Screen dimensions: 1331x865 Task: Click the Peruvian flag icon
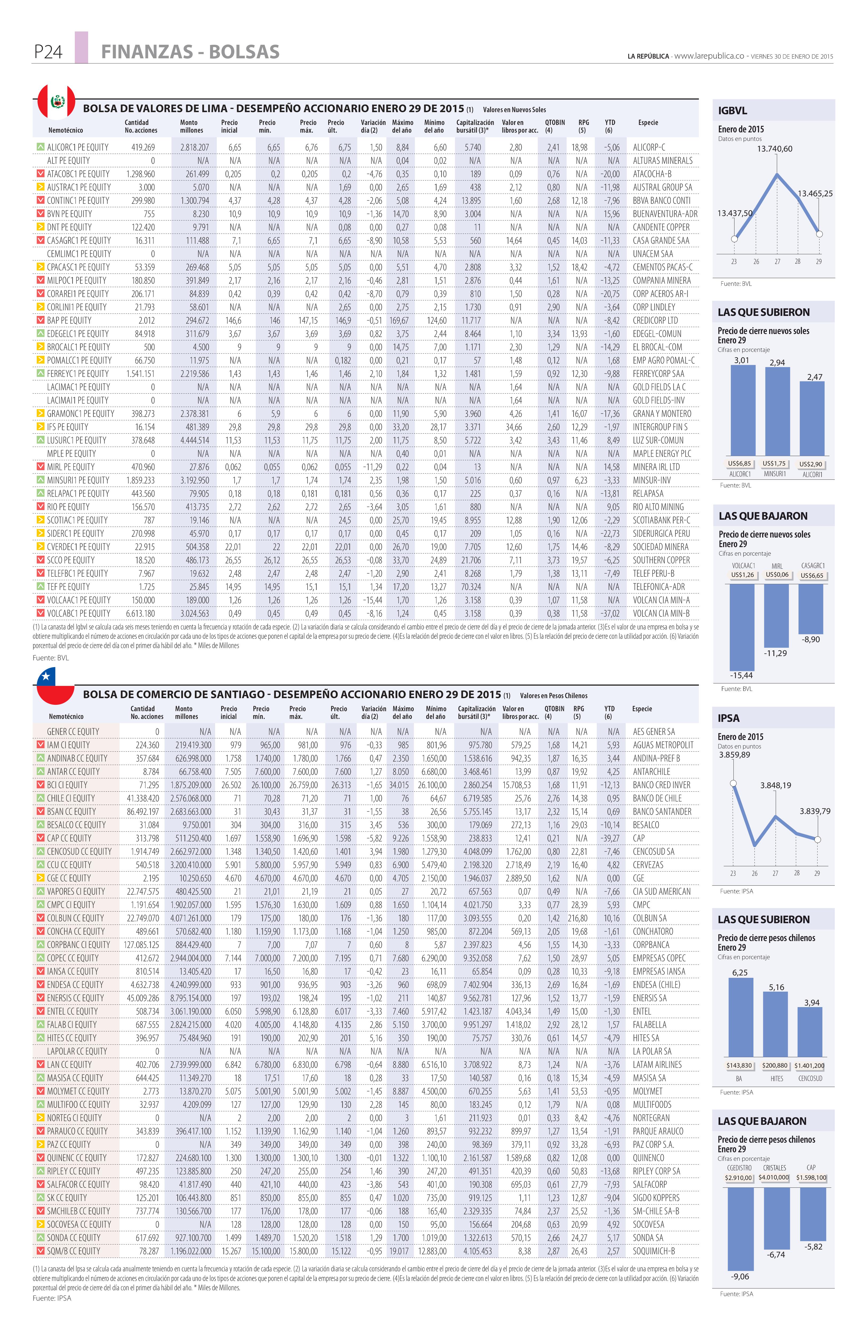56,102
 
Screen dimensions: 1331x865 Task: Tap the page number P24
48,52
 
